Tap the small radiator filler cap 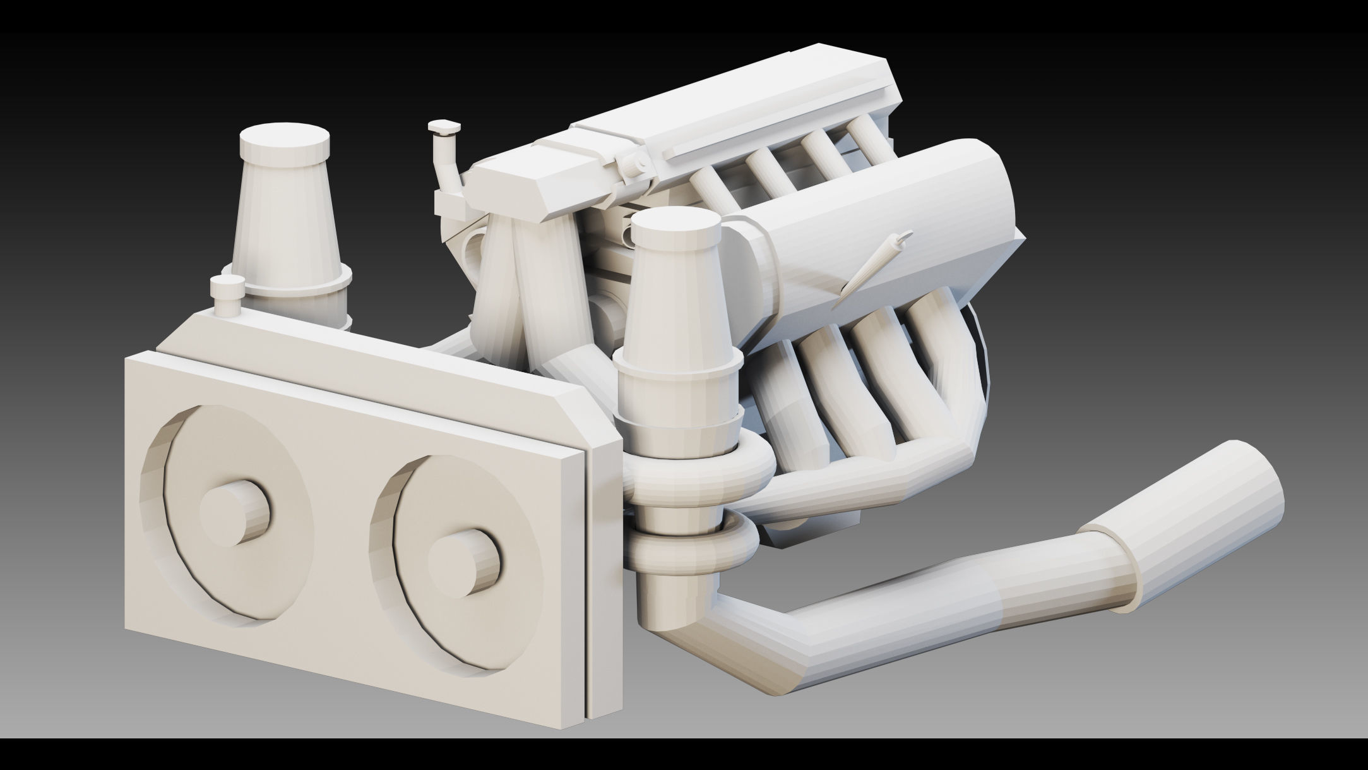(x=226, y=294)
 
